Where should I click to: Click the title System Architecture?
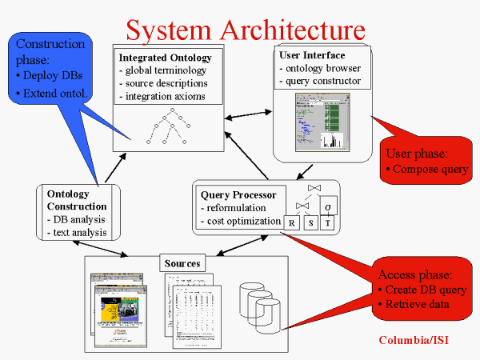point(246,30)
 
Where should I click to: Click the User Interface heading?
point(312,55)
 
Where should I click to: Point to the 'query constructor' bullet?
point(320,81)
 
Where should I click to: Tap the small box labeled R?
point(292,223)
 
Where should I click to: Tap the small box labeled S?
point(310,223)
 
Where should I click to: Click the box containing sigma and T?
point(327,214)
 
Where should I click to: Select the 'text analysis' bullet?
point(76,232)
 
